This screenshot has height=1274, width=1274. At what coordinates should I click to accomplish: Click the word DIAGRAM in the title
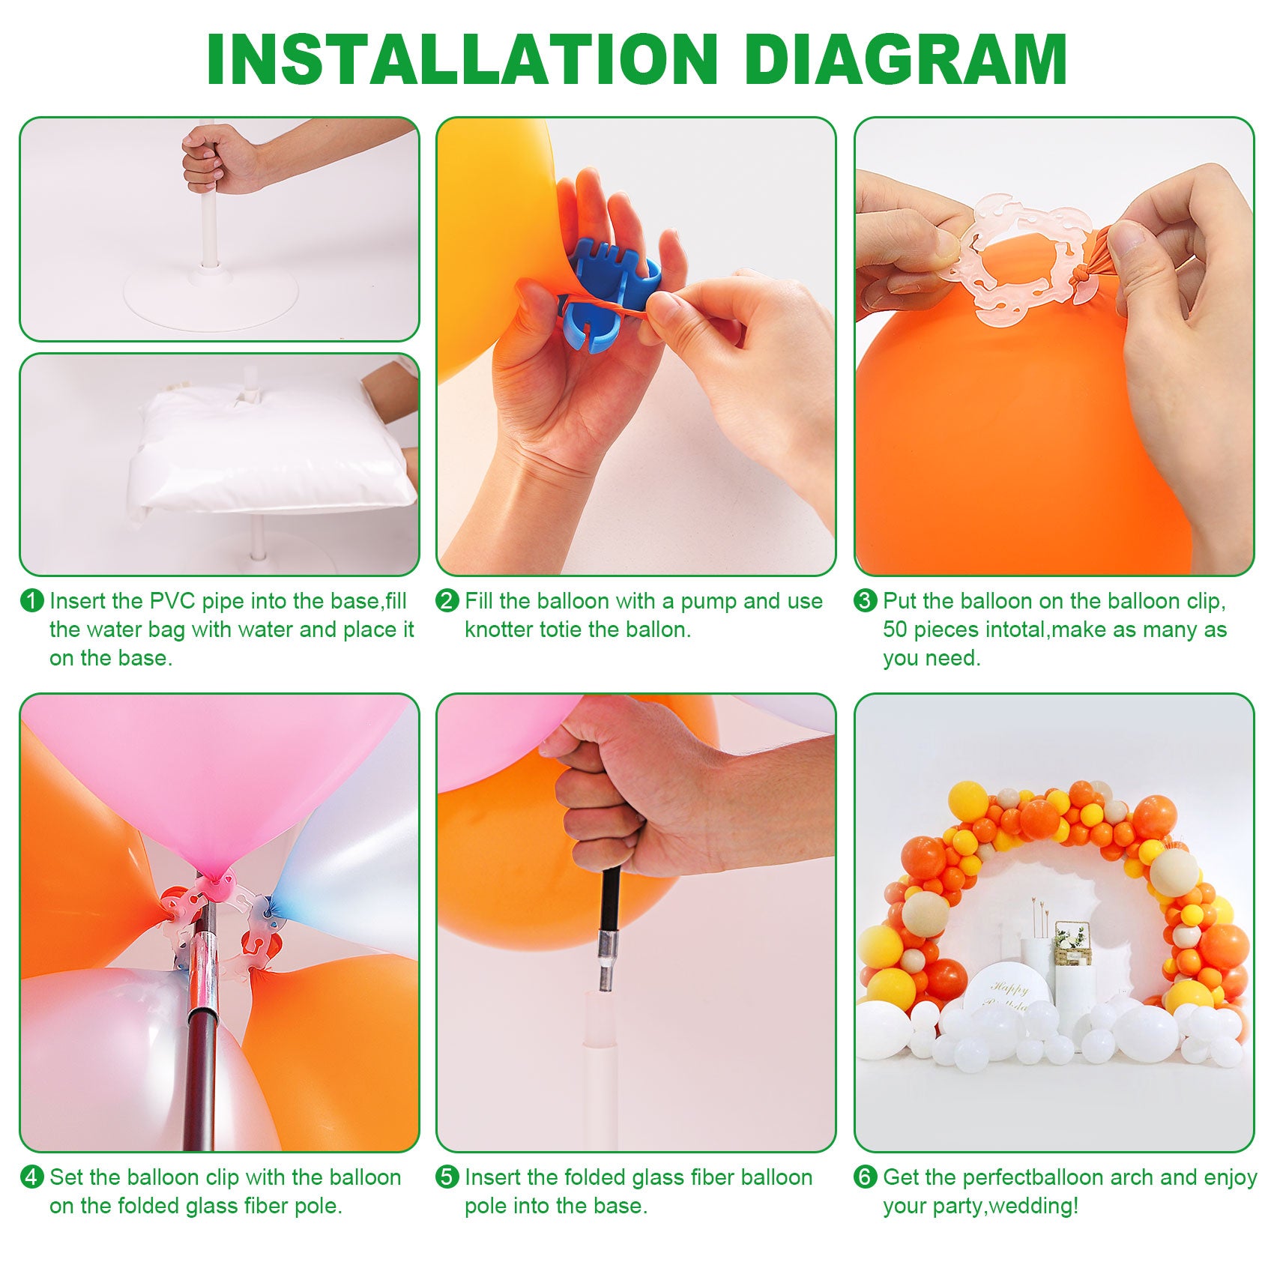pyautogui.click(x=907, y=59)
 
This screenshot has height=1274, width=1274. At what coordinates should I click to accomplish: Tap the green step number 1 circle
pyautogui.click(x=31, y=601)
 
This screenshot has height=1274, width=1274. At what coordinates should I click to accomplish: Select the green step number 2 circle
pyautogui.click(x=447, y=601)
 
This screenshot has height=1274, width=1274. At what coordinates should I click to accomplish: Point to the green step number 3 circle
pyautogui.click(x=866, y=601)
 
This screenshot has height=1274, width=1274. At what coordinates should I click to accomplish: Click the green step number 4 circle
pyautogui.click(x=31, y=1177)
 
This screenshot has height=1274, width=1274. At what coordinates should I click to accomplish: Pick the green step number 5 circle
pyautogui.click(x=447, y=1177)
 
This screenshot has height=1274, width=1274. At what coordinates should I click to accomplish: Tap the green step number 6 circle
pyautogui.click(x=866, y=1177)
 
